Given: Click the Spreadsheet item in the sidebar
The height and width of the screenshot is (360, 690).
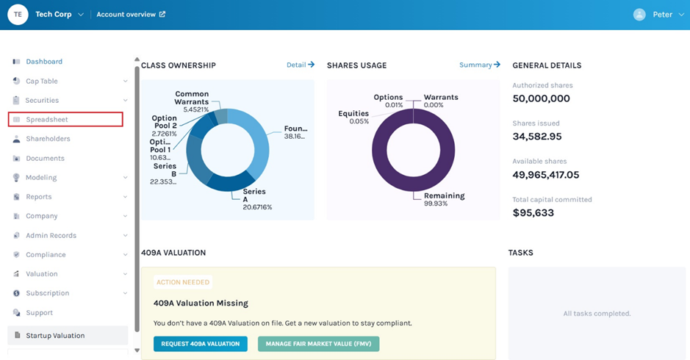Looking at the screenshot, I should point(47,119).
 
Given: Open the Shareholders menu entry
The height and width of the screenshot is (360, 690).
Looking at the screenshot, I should point(48,139).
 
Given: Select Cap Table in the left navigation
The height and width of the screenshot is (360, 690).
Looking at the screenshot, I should point(42,81).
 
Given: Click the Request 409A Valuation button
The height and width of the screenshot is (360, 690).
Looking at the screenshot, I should point(200,344).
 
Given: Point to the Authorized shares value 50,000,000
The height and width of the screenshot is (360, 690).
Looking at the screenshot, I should point(541,98).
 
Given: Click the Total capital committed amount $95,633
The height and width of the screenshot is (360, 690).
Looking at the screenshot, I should point(533,213).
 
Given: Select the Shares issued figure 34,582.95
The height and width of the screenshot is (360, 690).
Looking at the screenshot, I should point(536,137).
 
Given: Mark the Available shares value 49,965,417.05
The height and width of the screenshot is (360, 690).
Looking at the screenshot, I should point(556,175).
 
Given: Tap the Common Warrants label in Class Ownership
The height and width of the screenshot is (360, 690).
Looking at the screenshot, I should point(192,98).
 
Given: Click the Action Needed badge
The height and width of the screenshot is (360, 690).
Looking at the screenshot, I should point(183,282).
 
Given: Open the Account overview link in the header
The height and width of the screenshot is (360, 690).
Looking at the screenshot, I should point(131,15).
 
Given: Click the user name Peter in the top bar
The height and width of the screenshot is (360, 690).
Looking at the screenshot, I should point(662,15).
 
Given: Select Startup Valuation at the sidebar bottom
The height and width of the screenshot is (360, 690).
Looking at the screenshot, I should point(55,336).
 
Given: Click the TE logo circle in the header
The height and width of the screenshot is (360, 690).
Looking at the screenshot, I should point(18,15).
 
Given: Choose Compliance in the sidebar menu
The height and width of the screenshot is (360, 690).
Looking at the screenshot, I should point(46,254).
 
